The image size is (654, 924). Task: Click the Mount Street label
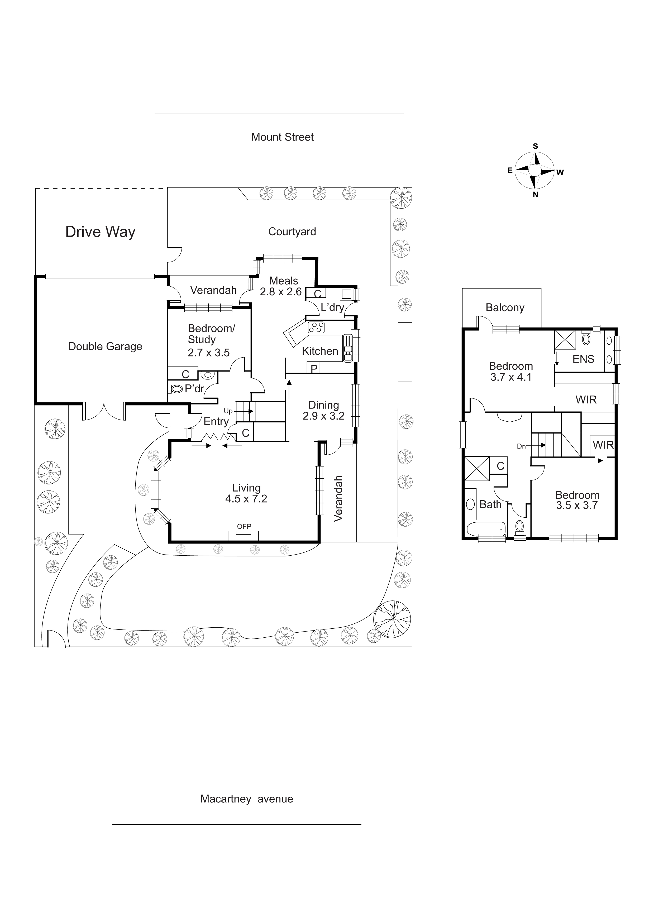282,137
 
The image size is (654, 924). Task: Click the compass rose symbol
535,170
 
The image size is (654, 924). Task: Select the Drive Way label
100,232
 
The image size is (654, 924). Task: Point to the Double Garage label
105,346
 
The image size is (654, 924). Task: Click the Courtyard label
292,232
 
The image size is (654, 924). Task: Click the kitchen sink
348,348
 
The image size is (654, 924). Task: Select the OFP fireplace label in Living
244,526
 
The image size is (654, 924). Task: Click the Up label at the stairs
228,411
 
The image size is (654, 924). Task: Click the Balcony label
505,308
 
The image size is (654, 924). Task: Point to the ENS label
583,359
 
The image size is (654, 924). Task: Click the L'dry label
332,308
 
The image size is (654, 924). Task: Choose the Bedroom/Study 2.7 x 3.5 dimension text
209,353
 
